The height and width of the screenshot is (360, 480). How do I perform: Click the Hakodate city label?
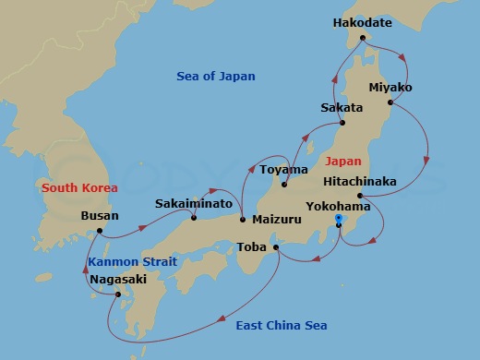362,22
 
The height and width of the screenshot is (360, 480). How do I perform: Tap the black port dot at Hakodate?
363,38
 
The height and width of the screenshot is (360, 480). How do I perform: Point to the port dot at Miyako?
390,102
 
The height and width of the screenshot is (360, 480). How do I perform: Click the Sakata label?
342,108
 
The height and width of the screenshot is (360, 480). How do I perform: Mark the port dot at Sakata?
342,123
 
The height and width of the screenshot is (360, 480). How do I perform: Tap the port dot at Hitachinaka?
359,195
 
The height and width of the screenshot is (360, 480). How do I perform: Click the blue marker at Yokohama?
339,220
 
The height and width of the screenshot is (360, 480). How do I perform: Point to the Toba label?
252,246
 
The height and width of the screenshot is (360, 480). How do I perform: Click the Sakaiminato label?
192,202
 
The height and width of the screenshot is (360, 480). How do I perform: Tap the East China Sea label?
282,326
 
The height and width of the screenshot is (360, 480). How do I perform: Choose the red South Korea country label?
79,187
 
